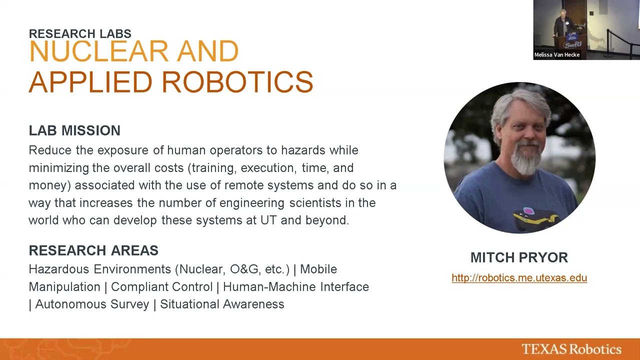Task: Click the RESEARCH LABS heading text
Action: pos(80,34)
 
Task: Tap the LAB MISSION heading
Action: pos(74,130)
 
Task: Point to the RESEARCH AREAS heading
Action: pos(93,250)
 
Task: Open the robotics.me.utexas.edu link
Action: pos(519,278)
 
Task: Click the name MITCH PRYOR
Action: pos(519,257)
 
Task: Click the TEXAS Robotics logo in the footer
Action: pos(571,349)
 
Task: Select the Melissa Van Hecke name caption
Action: pos(557,55)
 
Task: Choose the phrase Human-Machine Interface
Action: pos(296,287)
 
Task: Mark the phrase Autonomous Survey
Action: pos(92,304)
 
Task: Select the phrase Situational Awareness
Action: pos(222,304)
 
